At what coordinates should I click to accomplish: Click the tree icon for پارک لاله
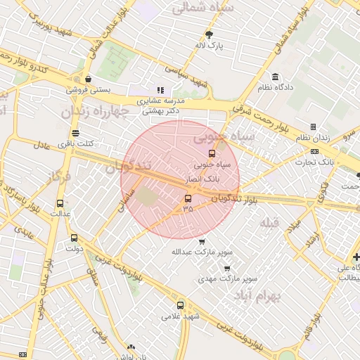click(209, 34)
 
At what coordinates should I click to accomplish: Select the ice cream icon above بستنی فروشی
click(87, 79)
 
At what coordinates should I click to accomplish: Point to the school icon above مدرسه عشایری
click(160, 90)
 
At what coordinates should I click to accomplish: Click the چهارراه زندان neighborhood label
click(94, 111)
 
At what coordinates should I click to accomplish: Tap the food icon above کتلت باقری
click(75, 133)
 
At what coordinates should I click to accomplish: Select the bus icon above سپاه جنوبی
click(211, 153)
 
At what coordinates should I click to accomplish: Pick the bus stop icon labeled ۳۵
click(187, 198)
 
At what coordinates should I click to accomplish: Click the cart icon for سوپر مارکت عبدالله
click(202, 241)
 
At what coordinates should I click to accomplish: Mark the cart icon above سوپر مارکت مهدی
click(226, 268)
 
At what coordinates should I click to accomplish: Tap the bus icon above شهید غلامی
click(181, 305)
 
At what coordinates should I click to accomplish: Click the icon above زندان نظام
click(312, 127)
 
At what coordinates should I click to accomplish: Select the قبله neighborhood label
click(269, 223)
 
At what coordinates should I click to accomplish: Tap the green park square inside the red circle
click(148, 198)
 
